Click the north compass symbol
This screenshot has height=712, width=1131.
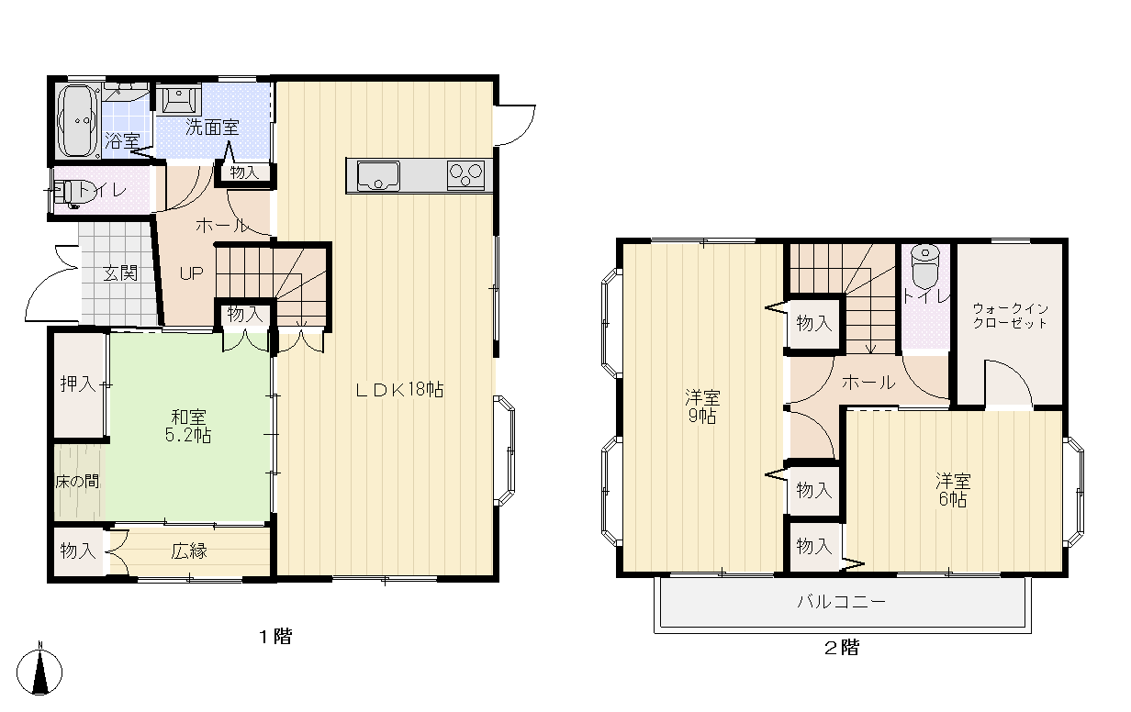coord(39,671)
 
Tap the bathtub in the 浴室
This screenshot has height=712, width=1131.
coord(77,122)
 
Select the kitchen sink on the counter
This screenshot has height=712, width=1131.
coord(378,175)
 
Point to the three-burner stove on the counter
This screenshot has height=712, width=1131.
coord(465,175)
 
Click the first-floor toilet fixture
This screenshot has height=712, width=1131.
coord(69,194)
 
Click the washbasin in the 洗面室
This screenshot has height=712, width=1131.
coord(179,99)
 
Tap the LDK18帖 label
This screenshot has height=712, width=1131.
coord(399,390)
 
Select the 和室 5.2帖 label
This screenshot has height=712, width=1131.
coord(188,427)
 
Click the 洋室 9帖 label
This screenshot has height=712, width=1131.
coord(702,406)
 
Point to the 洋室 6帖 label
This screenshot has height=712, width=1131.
coord(953,490)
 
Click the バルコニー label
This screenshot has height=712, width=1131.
coord(842,602)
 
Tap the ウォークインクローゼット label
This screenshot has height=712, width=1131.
coord(1010,316)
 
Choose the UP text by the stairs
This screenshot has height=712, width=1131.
coord(192,273)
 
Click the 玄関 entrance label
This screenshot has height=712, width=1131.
coord(120,273)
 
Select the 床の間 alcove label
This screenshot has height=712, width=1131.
coord(77,482)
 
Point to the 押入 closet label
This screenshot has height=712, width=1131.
coord(78,384)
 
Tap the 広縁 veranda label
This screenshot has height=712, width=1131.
coord(189,551)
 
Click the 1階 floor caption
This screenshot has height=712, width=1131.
coord(275,637)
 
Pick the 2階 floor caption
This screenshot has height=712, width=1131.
coord(842,648)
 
